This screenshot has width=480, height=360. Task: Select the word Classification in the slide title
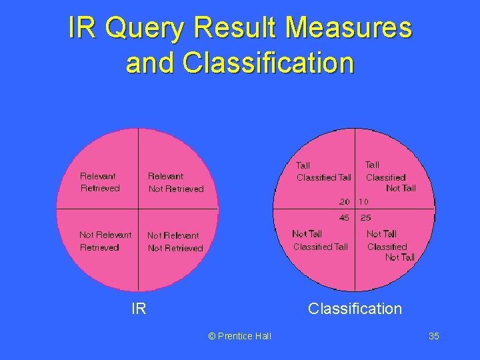(268, 63)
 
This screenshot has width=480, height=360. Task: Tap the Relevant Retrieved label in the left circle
(99, 182)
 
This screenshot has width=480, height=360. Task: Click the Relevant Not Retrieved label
(175, 183)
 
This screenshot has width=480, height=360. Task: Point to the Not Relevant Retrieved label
(105, 241)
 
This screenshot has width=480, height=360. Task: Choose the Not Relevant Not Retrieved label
(175, 241)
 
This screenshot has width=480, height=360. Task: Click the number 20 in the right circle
(344, 201)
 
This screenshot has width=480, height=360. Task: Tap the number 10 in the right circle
(364, 201)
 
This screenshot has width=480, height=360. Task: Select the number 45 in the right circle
(344, 217)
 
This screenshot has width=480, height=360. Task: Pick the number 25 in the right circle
(366, 217)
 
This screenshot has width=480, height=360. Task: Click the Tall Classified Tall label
(323, 171)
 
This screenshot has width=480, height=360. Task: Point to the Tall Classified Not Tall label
(389, 176)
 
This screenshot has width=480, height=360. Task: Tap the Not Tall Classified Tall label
(320, 240)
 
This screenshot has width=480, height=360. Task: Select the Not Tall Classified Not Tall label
(390, 245)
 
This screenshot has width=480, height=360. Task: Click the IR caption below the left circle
(139, 309)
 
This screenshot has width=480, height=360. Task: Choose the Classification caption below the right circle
(355, 309)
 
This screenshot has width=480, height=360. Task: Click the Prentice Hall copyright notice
(240, 336)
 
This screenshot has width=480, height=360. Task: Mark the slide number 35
(433, 336)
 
